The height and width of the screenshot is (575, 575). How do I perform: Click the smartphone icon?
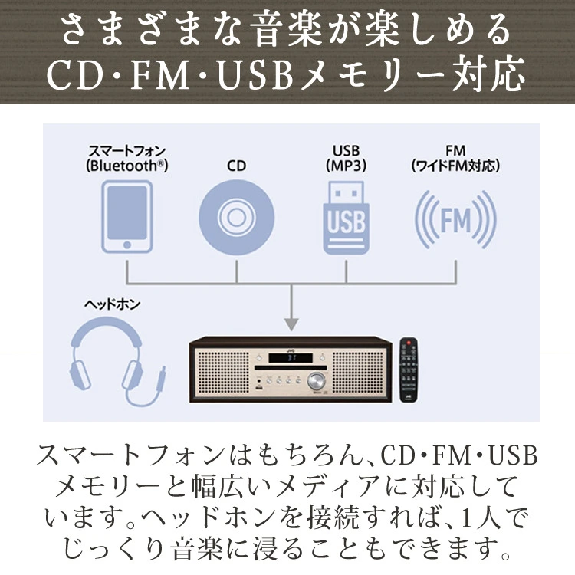tap(129, 215)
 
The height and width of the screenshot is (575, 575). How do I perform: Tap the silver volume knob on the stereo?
tap(316, 382)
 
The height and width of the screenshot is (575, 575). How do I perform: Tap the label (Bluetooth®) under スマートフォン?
tap(128, 165)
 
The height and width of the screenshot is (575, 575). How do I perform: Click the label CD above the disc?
tap(237, 165)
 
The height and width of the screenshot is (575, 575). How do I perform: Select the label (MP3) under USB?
tap(346, 165)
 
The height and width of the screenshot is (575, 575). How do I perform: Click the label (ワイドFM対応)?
tap(455, 165)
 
